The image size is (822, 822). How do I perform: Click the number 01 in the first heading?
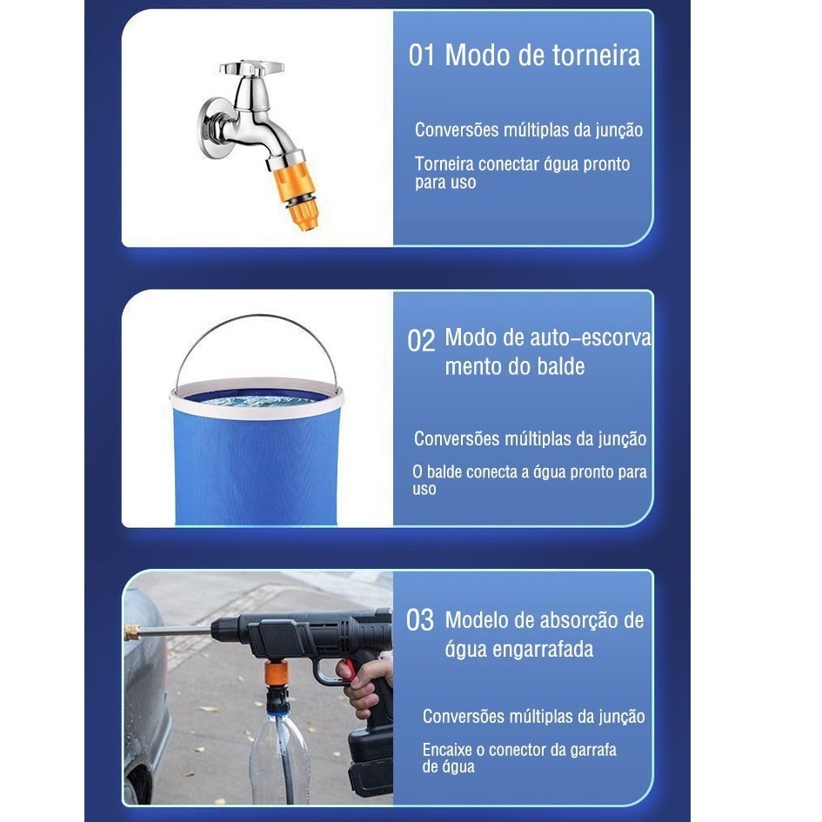(x=422, y=55)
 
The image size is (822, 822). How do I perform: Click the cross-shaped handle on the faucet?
(x=251, y=68)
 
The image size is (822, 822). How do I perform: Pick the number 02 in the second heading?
(x=421, y=341)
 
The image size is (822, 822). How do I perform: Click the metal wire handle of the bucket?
(x=257, y=320)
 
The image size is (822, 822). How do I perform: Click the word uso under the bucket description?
(x=424, y=490)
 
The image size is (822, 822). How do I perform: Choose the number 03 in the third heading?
(x=420, y=620)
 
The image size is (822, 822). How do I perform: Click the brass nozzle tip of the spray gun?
(x=131, y=632)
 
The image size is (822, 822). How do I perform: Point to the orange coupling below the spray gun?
(x=276, y=673)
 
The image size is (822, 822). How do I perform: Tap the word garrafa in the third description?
(x=593, y=750)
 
